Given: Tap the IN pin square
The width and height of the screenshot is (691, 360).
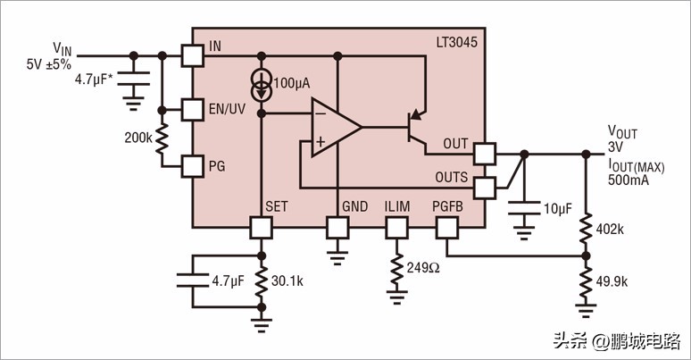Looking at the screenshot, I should [x=192, y=55].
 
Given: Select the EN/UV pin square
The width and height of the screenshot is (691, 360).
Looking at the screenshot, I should [x=192, y=110].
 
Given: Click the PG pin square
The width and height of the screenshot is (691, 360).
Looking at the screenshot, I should [x=192, y=165].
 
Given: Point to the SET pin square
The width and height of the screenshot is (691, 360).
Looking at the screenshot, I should [x=261, y=227].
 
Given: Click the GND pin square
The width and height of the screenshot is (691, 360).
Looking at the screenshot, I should [x=337, y=227].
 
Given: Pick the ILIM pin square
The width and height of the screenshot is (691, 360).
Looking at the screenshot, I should [x=395, y=227].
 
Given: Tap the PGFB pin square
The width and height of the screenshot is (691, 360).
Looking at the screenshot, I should [x=446, y=227].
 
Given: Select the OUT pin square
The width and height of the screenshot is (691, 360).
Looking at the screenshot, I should [x=484, y=154].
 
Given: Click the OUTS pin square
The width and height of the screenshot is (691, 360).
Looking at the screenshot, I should [x=484, y=188].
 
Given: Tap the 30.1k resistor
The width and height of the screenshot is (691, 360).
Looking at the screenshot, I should [x=261, y=280].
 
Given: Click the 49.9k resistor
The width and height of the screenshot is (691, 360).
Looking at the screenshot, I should [x=586, y=281].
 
